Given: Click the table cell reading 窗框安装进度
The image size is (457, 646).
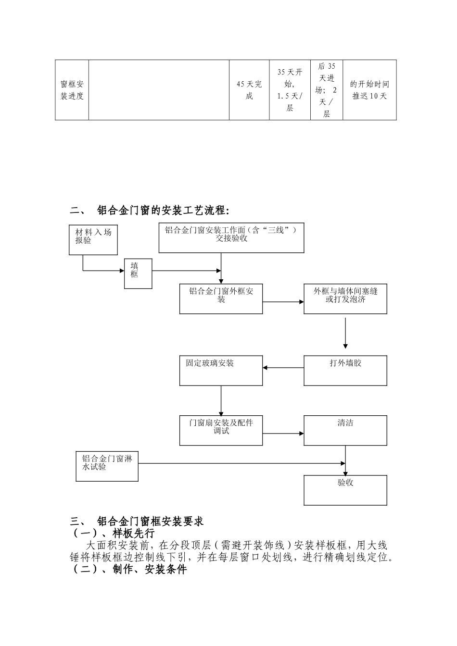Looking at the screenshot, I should [72, 90].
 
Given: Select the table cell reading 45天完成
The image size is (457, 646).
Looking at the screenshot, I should [249, 90].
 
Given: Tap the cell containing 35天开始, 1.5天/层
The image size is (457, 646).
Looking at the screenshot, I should [290, 90].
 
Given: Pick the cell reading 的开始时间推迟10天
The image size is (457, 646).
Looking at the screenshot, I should [369, 90].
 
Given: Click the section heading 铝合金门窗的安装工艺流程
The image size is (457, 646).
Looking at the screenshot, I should [163, 211].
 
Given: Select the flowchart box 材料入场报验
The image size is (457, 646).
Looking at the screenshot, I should [93, 239].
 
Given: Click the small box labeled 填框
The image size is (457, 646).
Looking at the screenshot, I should [138, 273].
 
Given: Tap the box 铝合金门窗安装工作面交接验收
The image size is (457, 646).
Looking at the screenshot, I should [231, 237].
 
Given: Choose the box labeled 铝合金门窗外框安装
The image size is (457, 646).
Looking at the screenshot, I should [221, 299].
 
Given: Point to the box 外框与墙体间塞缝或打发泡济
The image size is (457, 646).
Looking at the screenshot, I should [345, 299].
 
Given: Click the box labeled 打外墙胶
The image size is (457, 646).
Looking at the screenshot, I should [345, 370].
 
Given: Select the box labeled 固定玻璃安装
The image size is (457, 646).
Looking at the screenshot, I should [221, 370].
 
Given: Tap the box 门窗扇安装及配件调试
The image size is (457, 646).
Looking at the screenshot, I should [221, 430].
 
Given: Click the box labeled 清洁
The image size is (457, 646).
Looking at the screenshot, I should [345, 430].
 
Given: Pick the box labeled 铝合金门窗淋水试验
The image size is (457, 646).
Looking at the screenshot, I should [107, 466].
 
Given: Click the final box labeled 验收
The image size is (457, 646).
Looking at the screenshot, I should [345, 490].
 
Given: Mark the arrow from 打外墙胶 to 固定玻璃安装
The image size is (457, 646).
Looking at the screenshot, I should [283, 368].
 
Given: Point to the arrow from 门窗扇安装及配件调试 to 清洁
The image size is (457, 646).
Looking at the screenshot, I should [283, 434].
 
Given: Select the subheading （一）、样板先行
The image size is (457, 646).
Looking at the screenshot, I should [113, 534].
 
